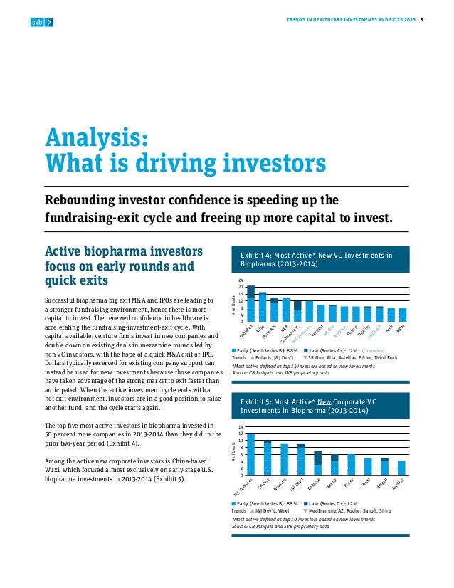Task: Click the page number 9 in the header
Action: [x=424, y=19]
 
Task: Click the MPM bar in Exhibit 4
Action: [x=403, y=315]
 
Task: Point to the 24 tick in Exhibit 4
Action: [x=241, y=280]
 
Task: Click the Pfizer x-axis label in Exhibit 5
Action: [x=349, y=484]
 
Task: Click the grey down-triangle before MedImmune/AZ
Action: [x=305, y=511]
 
